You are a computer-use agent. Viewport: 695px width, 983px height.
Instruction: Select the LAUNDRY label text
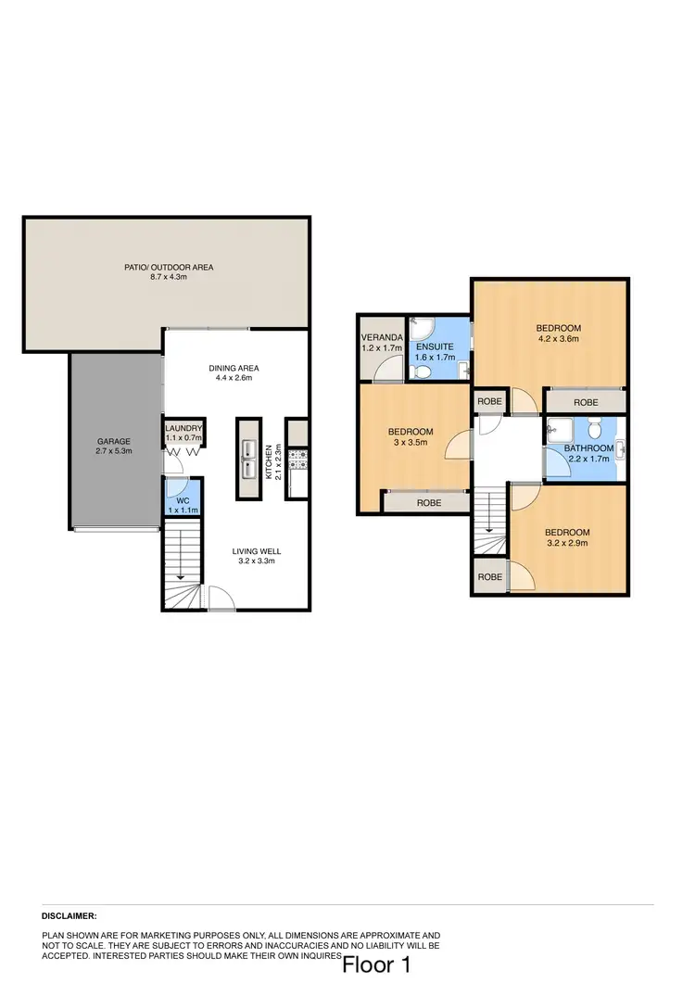tap(183, 428)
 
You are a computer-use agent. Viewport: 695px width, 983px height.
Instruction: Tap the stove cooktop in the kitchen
tap(298, 457)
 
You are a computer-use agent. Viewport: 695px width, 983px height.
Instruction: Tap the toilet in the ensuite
tap(422, 372)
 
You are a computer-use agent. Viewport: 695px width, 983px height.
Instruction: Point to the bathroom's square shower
tap(559, 428)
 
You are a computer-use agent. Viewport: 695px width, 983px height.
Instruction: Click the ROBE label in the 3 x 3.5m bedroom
tap(428, 502)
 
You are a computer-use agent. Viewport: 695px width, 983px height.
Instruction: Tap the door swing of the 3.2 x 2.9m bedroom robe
tap(524, 577)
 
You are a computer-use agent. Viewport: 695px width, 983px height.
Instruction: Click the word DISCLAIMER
tap(69, 915)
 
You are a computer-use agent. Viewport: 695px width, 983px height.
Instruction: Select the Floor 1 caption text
tap(376, 965)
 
